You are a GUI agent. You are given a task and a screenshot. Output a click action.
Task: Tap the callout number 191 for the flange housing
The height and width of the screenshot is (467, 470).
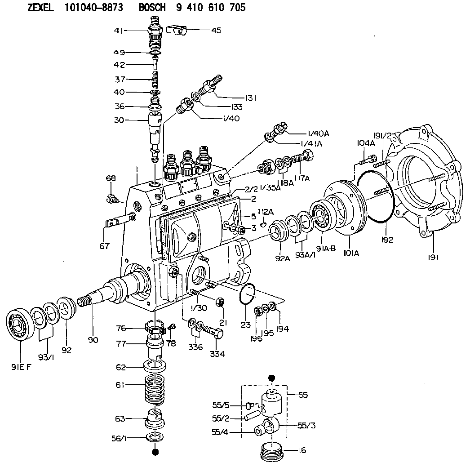[x=433, y=257]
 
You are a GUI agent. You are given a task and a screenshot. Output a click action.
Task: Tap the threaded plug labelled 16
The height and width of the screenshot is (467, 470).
[x=273, y=450]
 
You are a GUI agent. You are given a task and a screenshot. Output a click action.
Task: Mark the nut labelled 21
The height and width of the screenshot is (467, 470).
[x=220, y=302]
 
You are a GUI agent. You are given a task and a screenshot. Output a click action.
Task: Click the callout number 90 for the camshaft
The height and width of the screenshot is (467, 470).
[x=93, y=340]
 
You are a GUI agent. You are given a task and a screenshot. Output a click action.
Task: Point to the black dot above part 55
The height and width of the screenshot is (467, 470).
[x=271, y=378]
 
